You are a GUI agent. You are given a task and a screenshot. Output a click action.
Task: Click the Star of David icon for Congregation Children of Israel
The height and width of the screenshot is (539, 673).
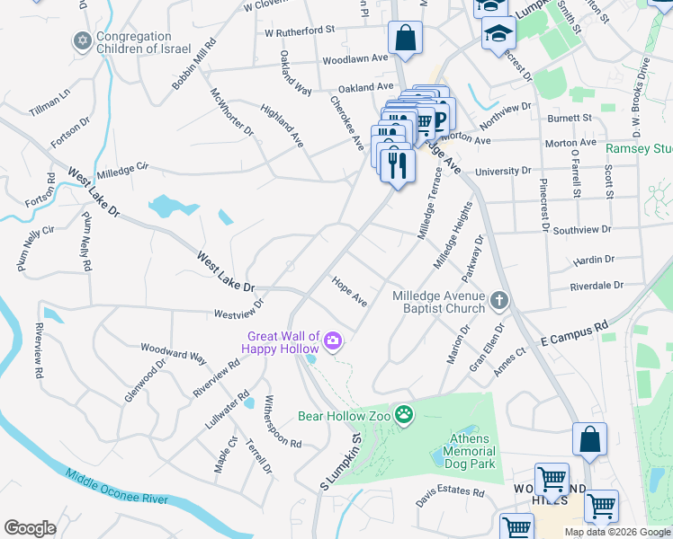[83, 41]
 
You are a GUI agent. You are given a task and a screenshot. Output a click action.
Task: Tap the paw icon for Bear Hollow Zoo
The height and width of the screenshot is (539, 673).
[406, 415]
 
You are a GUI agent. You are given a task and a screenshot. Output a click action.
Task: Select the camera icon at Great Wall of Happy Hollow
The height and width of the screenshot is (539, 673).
[333, 340]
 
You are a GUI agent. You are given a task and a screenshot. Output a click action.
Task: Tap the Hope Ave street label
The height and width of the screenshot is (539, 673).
[349, 291]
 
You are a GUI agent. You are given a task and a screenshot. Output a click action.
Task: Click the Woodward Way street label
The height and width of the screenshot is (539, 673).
[173, 351]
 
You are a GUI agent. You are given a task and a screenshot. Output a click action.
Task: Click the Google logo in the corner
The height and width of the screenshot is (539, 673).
[30, 528]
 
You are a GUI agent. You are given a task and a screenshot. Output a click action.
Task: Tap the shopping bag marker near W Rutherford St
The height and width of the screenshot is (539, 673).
[405, 39]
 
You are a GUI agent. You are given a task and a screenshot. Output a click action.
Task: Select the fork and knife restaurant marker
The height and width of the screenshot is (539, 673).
[397, 166]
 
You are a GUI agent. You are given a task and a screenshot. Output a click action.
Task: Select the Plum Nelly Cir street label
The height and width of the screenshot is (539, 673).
[37, 248]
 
